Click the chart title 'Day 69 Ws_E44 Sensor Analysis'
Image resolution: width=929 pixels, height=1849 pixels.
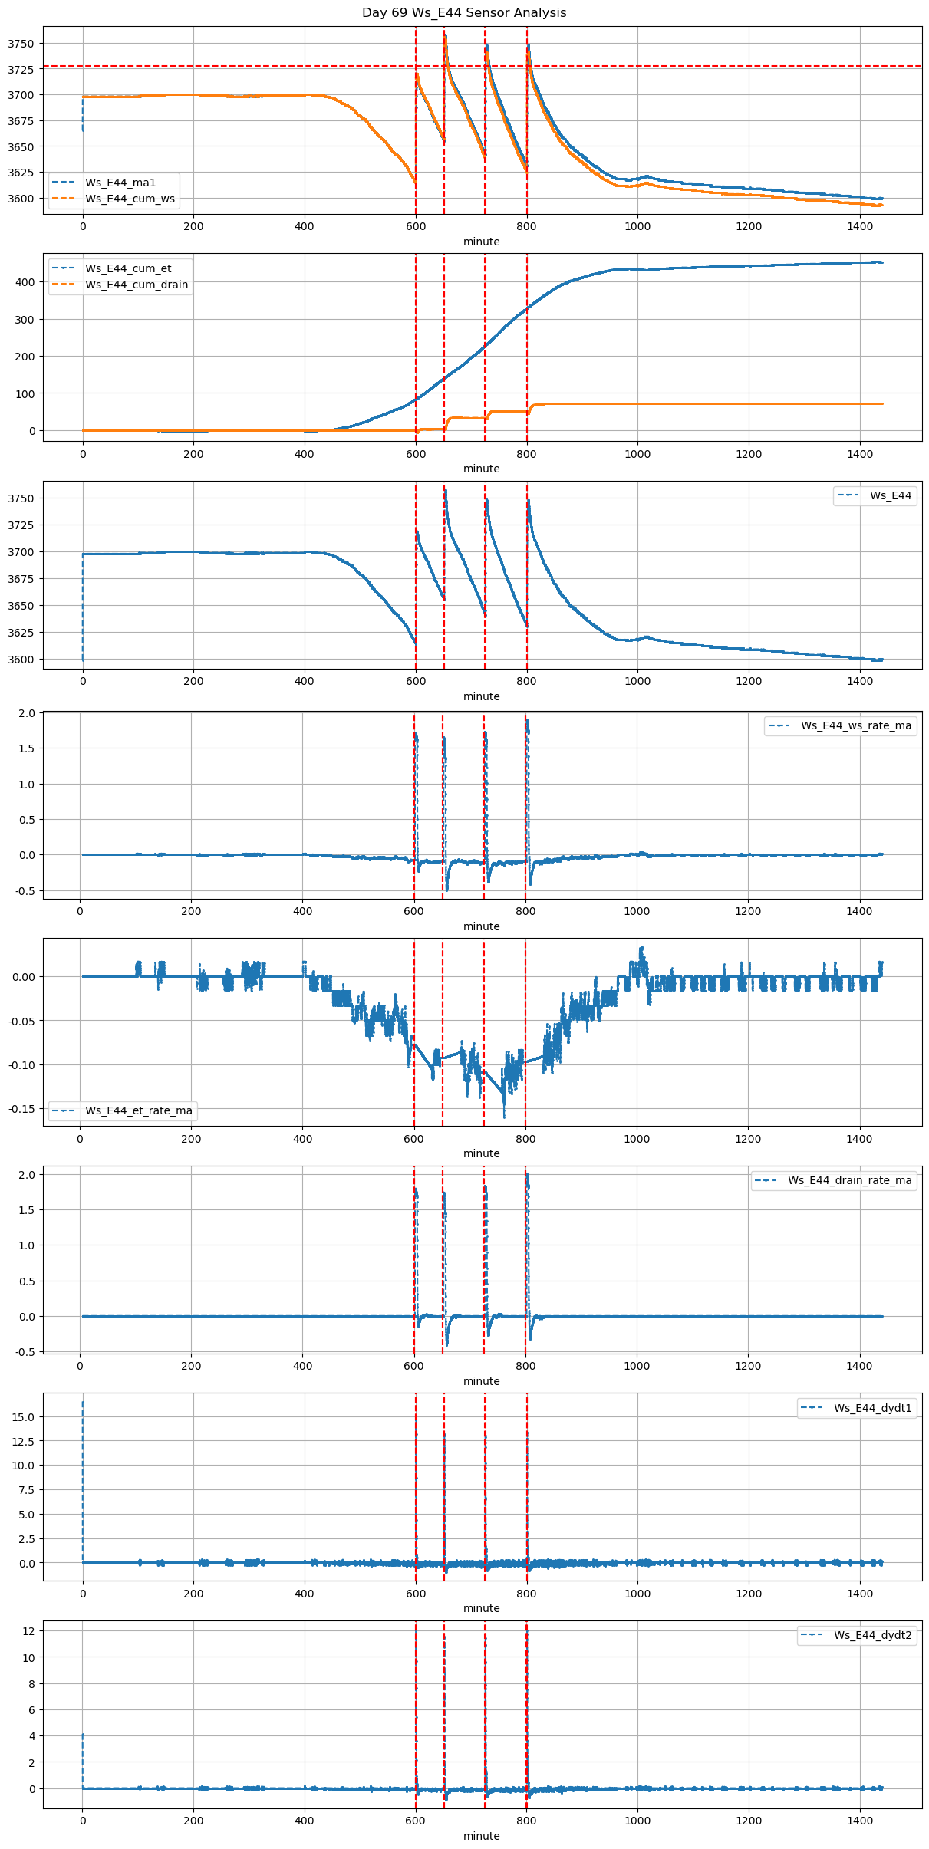[x=464, y=12]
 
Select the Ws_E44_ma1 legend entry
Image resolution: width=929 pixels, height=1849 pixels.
[x=120, y=183]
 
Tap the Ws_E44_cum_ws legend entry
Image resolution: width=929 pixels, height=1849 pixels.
[x=130, y=199]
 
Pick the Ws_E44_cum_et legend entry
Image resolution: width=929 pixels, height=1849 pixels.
[x=128, y=268]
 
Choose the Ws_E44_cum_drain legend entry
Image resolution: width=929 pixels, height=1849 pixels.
[x=137, y=285]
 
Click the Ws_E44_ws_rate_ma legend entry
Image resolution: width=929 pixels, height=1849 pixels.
[x=856, y=725]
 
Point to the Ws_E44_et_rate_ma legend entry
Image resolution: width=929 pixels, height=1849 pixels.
[x=139, y=1110]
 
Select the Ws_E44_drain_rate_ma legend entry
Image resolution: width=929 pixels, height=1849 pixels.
[x=850, y=1180]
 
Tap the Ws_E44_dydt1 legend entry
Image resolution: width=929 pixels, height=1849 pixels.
[x=873, y=1408]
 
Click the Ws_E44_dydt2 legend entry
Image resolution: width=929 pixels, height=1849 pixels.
[x=873, y=1635]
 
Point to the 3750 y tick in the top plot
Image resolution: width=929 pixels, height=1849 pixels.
[x=21, y=44]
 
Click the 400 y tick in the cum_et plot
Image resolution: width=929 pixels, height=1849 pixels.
[x=26, y=282]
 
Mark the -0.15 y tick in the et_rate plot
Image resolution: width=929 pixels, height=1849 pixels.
[x=21, y=1109]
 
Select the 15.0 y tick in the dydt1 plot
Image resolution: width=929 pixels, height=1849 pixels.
[x=24, y=1416]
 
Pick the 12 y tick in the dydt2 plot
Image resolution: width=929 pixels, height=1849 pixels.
[x=29, y=1630]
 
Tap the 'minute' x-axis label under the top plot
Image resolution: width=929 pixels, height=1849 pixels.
[x=481, y=242]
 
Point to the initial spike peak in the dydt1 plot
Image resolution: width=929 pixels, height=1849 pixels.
[x=83, y=1403]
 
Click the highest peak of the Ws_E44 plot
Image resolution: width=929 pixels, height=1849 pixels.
[x=445, y=490]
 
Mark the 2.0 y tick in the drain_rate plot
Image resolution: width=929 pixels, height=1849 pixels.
[x=28, y=1175]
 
